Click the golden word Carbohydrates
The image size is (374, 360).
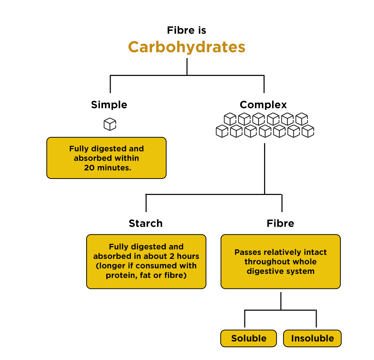tap(186, 47)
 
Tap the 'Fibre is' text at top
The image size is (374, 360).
tap(186, 30)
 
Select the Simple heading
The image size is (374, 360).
tap(109, 105)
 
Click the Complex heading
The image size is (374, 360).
tap(263, 105)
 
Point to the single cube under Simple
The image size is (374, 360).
tap(110, 124)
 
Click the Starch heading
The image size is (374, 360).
tap(145, 223)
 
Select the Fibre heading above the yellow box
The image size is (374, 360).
tap(280, 223)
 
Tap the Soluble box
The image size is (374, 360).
tap(249, 338)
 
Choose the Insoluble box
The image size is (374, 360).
tap(312, 338)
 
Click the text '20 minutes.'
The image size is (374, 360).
tap(107, 168)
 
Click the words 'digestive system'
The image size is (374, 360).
tap(280, 271)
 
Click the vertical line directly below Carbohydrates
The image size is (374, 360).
tap(187, 66)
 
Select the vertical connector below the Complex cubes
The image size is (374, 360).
tap(264, 168)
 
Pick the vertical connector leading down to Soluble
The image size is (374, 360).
tap(245, 319)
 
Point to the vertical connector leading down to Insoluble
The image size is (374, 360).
tap(316, 319)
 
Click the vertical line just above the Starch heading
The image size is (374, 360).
tap(146, 203)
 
